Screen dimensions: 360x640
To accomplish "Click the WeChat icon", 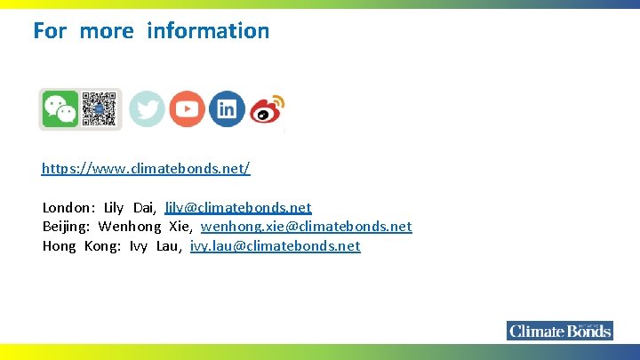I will click(60, 109).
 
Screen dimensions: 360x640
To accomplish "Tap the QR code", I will click(100, 109).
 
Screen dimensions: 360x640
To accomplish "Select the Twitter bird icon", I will click(147, 109).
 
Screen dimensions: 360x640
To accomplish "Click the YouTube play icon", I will click(187, 109).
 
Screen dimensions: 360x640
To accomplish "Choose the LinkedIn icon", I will click(227, 109).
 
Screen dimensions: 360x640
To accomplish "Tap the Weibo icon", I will click(267, 109).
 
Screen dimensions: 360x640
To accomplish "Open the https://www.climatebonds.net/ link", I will click(147, 168).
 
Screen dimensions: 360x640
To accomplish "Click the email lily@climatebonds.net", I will click(238, 207).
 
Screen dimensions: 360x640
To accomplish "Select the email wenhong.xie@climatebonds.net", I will click(306, 227).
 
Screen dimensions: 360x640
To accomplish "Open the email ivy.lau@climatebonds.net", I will click(275, 246).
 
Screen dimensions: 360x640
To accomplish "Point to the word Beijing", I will click(66, 227).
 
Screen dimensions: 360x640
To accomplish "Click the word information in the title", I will click(208, 30).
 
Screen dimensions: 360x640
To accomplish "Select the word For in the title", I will click(50, 30).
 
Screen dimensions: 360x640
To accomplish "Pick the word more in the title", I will click(107, 30).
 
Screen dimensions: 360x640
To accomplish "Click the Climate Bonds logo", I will click(560, 331).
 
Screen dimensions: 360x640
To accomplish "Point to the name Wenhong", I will click(130, 227).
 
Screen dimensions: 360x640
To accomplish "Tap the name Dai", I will click(144, 207).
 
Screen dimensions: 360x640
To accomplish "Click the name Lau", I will click(168, 246).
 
